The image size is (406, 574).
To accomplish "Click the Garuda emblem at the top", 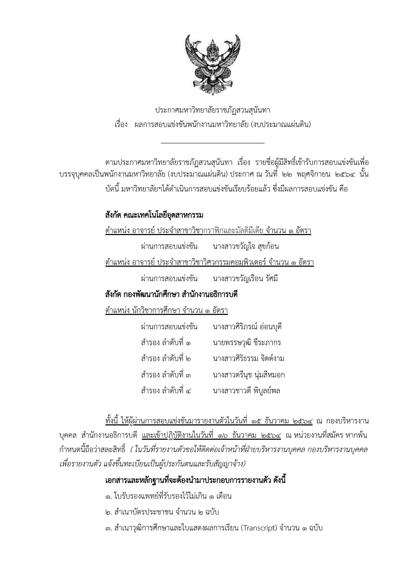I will (x=212, y=64).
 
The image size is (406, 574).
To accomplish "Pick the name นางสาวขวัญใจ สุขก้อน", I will (x=246, y=246).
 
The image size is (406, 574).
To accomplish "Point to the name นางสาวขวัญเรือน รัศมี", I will (x=245, y=279).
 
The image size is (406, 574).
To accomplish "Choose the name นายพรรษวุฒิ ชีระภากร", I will (x=247, y=343).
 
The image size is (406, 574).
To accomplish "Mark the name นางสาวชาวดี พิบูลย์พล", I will (x=246, y=391).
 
